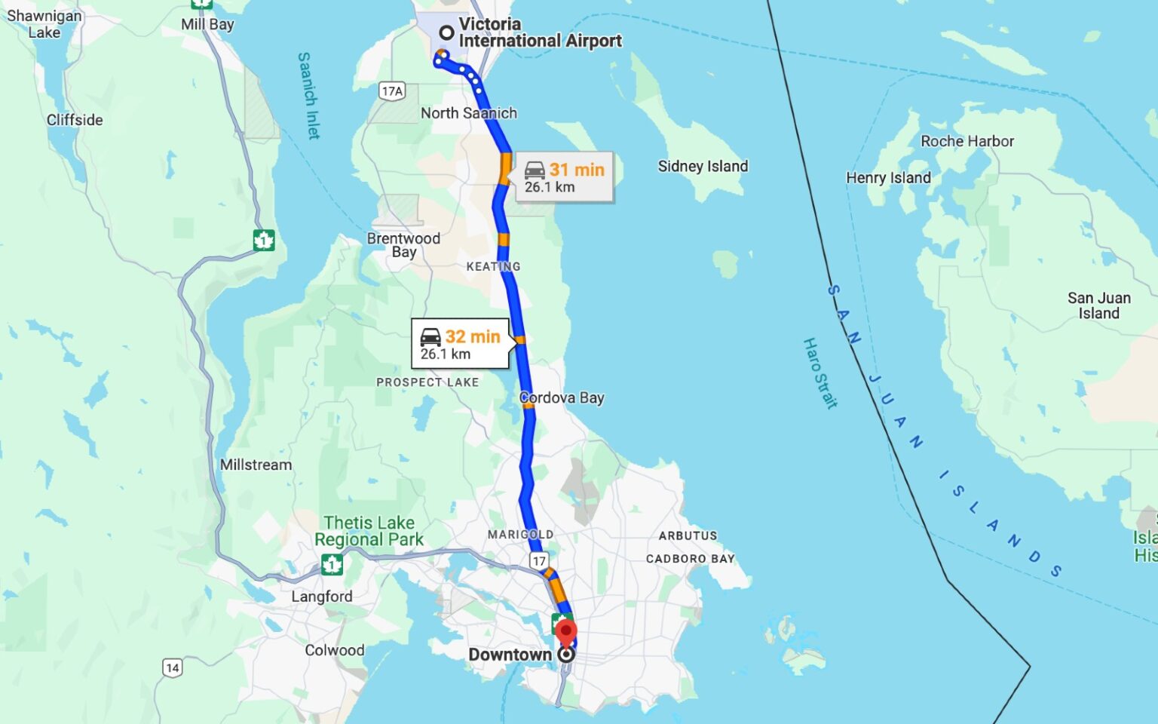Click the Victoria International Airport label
click(x=540, y=32)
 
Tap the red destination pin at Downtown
click(x=566, y=632)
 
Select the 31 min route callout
click(x=565, y=178)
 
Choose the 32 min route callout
click(x=460, y=345)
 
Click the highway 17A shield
click(x=392, y=91)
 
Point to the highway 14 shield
click(x=172, y=667)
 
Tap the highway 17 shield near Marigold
click(x=538, y=560)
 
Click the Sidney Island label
click(x=703, y=166)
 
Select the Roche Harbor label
click(x=967, y=141)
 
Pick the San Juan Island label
click(x=1098, y=305)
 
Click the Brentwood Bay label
click(x=403, y=245)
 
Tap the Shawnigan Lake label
click(x=44, y=24)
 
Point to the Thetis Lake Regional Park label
click(x=369, y=531)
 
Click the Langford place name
click(x=322, y=597)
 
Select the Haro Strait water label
click(x=819, y=373)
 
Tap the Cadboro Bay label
click(x=690, y=559)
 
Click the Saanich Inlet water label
click(x=308, y=95)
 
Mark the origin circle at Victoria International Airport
click(x=447, y=32)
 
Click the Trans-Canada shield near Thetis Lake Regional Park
click(x=332, y=563)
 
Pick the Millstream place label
click(x=256, y=465)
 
